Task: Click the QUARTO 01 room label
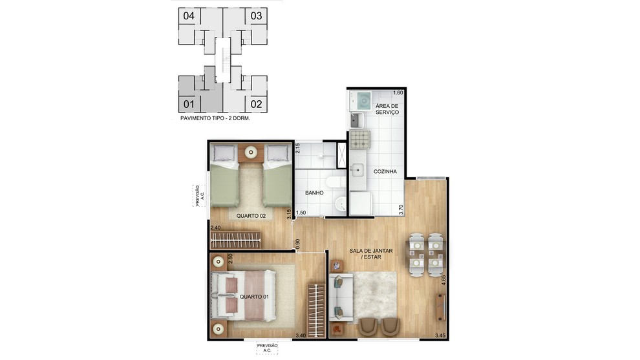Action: tap(254, 297)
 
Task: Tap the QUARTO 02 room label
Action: tap(251, 215)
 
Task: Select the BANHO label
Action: tap(314, 193)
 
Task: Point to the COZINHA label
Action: tap(385, 171)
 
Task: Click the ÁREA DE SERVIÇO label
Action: tap(387, 109)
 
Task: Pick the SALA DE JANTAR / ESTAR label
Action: tap(371, 254)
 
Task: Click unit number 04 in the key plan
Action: tap(189, 16)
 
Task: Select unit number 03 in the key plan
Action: tap(256, 16)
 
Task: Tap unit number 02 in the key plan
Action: tap(256, 104)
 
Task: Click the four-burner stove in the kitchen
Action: tap(359, 139)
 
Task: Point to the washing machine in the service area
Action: tap(361, 101)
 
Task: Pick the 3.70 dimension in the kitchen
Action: tap(401, 210)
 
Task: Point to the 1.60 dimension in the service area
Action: tap(398, 92)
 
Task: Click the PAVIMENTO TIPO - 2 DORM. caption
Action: tap(215, 118)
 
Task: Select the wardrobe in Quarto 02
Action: tap(235, 240)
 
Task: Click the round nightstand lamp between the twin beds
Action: tap(251, 153)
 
